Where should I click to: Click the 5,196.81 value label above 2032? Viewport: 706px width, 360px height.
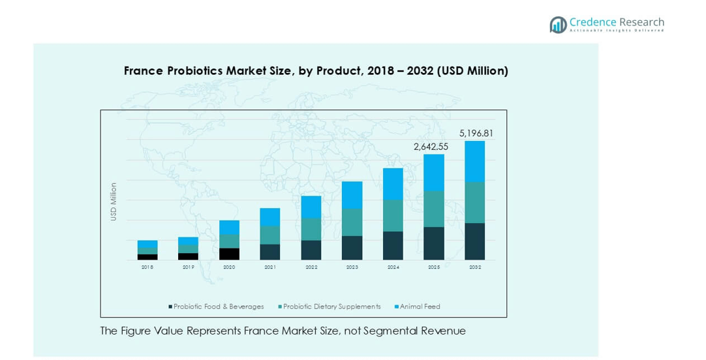[x=476, y=133]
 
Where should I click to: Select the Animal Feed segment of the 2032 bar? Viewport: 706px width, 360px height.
[x=474, y=162]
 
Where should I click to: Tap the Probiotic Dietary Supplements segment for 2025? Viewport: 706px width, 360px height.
[x=434, y=209]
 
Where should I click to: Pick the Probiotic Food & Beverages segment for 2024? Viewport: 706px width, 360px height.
[x=393, y=245]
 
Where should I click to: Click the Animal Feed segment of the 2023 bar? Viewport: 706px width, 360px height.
[x=352, y=195]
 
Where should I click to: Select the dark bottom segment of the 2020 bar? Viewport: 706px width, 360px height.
[x=229, y=254]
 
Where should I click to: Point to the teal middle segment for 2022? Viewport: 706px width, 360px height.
[x=311, y=229]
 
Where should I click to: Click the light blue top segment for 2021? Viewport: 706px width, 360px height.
[x=270, y=217]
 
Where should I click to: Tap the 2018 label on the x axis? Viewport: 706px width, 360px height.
[x=147, y=267]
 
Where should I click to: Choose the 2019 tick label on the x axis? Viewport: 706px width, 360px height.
[x=189, y=267]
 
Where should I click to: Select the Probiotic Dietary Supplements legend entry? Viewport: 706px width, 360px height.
[x=331, y=307]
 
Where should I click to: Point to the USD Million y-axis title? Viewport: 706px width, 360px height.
[x=114, y=202]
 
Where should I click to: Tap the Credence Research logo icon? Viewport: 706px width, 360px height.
[x=558, y=25]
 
